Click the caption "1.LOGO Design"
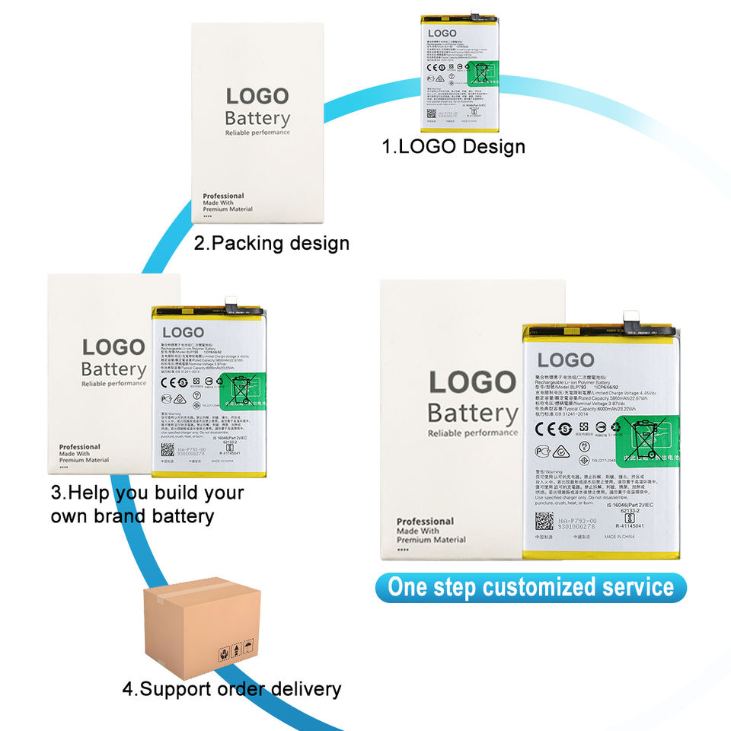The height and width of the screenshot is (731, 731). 454,146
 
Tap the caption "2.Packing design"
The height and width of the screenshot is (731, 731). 271,244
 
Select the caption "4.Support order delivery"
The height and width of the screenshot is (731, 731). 231,690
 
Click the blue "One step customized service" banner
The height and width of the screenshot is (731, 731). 530,588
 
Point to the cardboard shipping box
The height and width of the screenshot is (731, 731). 202,629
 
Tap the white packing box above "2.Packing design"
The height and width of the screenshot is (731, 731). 258,122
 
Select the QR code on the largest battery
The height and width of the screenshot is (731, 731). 544,522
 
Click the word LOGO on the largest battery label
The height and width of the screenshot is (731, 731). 565,360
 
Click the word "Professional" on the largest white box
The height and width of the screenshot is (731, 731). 425,522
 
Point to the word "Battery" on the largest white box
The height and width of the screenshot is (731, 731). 472,413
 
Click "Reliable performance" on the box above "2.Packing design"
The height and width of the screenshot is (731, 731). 257,132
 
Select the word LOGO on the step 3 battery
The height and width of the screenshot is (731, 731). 183,333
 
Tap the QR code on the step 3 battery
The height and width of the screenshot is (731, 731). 168,450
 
